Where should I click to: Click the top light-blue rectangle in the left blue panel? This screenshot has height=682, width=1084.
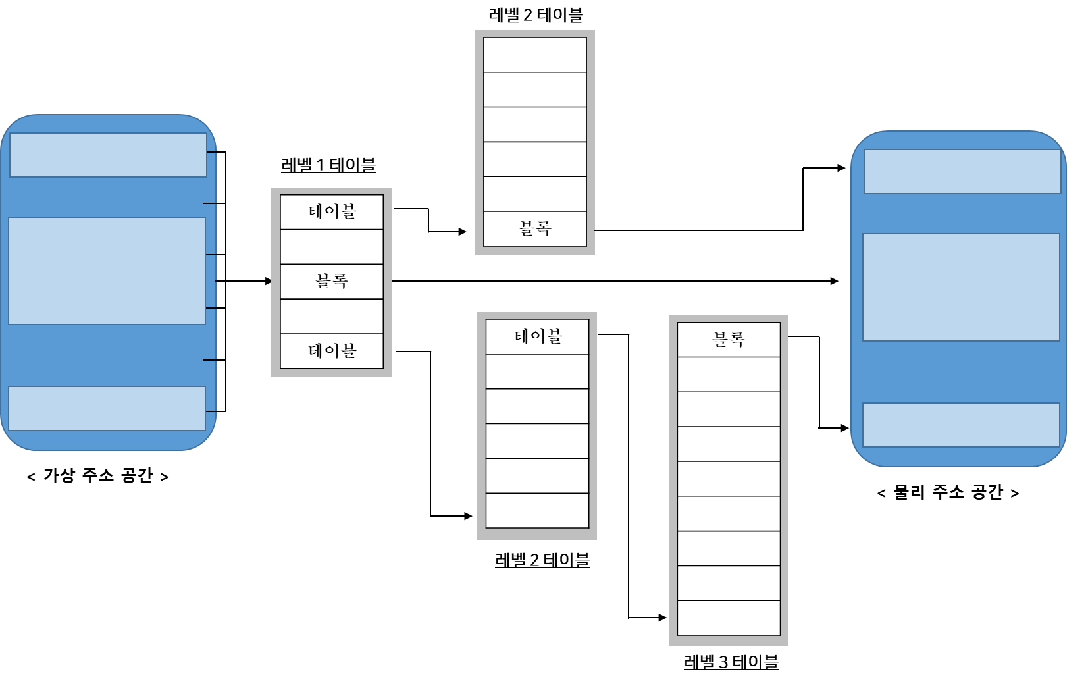[x=108, y=155]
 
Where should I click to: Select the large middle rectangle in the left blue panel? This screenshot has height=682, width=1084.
[x=107, y=271]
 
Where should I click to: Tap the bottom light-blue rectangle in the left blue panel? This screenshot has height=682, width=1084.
[x=107, y=408]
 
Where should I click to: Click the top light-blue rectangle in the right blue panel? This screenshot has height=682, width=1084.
[x=962, y=172]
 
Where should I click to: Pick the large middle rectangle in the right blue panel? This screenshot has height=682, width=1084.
[x=961, y=287]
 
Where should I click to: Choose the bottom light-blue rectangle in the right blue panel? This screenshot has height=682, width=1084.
[x=961, y=425]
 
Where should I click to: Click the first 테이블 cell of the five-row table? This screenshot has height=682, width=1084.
[x=332, y=212]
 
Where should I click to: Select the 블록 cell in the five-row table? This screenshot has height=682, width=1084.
[x=332, y=282]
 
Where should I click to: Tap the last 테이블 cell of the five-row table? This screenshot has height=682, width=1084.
[x=332, y=351]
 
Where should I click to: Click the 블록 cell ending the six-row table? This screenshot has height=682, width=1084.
[x=535, y=229]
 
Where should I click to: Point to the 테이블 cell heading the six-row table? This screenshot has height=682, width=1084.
[x=537, y=337]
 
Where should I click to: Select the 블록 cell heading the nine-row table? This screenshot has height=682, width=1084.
[x=729, y=340]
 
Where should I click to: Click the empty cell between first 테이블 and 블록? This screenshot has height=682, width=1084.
[x=332, y=247]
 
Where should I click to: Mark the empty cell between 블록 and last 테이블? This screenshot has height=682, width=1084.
[x=332, y=317]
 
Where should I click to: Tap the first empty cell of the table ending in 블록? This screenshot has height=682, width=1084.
[x=535, y=55]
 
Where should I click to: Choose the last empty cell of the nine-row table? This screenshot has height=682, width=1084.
[x=729, y=617]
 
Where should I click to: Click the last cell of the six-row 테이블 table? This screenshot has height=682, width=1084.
[x=537, y=510]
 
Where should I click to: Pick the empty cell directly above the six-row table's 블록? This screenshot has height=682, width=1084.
[x=535, y=194]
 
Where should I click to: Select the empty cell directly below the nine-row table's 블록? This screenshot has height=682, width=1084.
[x=729, y=375]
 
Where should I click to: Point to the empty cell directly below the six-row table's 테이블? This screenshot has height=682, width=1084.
[x=537, y=371]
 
